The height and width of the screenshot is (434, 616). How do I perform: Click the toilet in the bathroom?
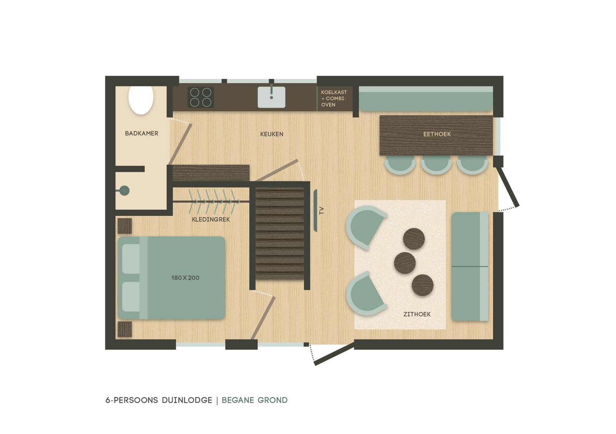(141, 100)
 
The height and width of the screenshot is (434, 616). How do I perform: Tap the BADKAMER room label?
(141, 134)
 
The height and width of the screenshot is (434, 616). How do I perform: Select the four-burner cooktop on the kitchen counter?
(201, 97)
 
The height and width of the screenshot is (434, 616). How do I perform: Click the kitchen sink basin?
(271, 97)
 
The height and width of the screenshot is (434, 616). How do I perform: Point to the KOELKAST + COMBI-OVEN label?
(334, 98)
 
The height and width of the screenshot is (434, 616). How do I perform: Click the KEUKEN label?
(271, 134)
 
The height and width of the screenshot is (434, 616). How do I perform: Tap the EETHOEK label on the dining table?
(437, 134)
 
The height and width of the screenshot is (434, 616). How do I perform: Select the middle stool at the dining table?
(436, 164)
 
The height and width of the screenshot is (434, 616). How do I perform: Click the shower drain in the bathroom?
(124, 190)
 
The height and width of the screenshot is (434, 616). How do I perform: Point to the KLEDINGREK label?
(211, 220)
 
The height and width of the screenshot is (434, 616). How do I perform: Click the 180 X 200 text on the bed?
(185, 278)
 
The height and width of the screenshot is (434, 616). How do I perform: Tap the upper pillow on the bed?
(131, 258)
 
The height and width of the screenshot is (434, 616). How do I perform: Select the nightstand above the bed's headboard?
(124, 226)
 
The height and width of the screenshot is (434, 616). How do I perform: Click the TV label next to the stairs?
(321, 211)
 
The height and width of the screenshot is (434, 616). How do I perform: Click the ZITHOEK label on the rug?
(417, 314)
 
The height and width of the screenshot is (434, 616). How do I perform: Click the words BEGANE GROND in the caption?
(254, 400)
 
